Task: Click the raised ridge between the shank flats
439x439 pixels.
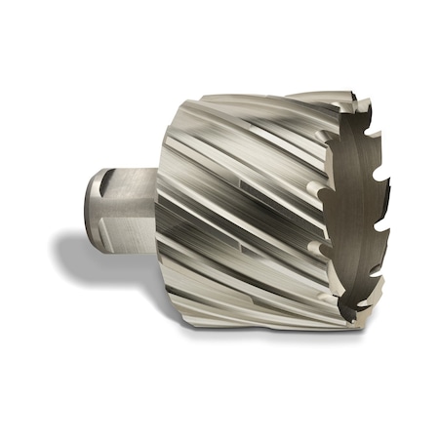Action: click(117, 207)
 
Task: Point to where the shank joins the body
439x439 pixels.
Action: click(156, 210)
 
